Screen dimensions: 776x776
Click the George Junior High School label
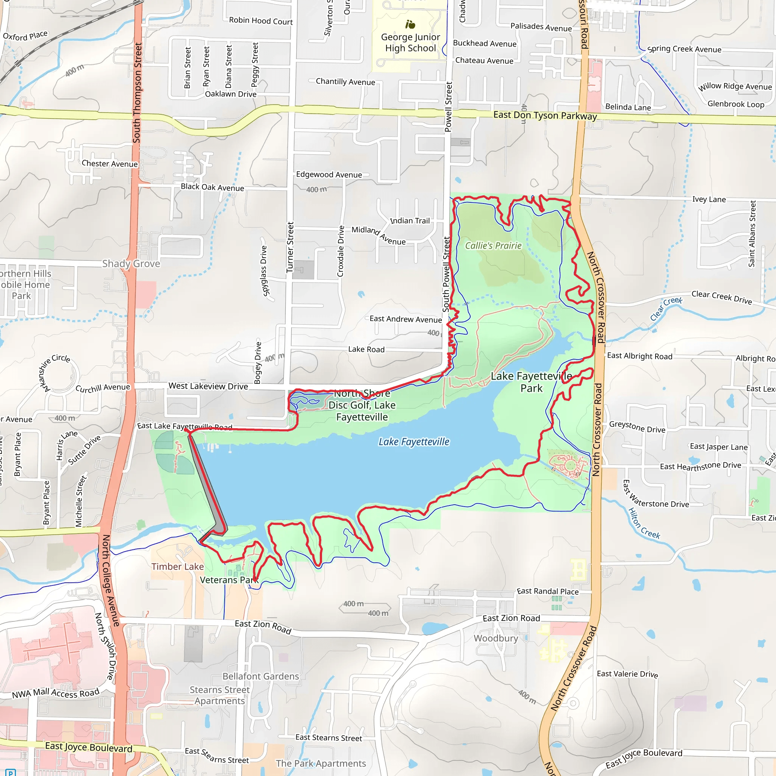[410, 42]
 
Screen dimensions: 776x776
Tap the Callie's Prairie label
[493, 246]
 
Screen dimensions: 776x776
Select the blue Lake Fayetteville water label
[414, 442]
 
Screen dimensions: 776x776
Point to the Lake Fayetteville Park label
[531, 382]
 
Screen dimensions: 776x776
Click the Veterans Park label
[229, 580]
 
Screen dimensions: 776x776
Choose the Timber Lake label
[178, 567]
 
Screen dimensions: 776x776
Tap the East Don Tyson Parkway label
[544, 115]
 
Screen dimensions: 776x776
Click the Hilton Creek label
[643, 523]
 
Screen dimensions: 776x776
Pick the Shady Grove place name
[131, 263]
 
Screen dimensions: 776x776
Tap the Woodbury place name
[496, 638]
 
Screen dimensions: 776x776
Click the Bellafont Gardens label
[261, 676]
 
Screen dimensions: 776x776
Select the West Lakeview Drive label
[208, 386]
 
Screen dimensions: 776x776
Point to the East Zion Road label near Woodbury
[511, 618]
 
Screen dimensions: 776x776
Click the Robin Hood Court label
[261, 21]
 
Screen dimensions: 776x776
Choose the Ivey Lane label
[709, 199]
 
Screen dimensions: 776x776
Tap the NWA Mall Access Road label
[55, 693]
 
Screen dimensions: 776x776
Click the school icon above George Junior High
[410, 25]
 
